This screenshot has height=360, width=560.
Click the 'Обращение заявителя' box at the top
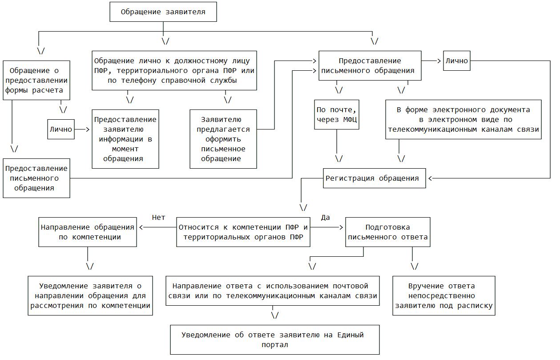point(163,12)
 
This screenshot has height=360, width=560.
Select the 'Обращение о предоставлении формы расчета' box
point(36,80)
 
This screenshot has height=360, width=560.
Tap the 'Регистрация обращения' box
point(372,178)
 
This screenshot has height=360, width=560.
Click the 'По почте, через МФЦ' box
point(336,114)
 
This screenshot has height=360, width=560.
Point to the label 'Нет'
point(158,218)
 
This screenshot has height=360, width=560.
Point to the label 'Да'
point(325,218)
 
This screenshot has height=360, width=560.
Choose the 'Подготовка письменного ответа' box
point(388,232)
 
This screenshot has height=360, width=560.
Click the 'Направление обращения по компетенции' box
point(87,232)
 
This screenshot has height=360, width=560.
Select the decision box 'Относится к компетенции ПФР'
point(243,232)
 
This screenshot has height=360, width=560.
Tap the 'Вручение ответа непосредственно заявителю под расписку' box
point(443,296)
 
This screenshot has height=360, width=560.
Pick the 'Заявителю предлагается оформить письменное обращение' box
point(223,139)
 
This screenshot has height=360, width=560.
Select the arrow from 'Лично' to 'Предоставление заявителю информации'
point(83,129)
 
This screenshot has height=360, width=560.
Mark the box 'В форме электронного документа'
point(463,120)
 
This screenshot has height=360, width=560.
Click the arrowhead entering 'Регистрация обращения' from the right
point(431,178)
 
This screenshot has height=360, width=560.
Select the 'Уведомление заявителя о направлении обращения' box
point(90,296)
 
